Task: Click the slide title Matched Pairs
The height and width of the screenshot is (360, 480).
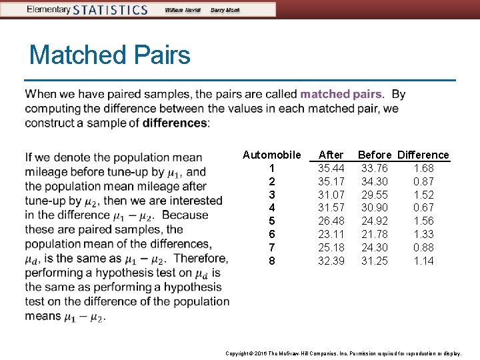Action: coord(110,55)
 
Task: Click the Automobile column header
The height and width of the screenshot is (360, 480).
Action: coord(271,155)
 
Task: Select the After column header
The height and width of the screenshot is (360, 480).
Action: coord(331,155)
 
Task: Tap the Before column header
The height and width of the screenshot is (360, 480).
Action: coord(375,155)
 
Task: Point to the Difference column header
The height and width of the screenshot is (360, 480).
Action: coord(423,155)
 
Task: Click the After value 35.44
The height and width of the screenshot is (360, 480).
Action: coord(331,168)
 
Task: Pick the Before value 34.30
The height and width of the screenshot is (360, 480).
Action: coord(375,181)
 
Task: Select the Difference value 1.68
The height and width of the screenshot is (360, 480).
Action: coord(423,168)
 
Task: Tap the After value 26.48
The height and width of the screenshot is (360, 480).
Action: coord(331,221)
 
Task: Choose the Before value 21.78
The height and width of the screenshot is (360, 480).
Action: coord(375,234)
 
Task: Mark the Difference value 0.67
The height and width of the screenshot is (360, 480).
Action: coord(423,207)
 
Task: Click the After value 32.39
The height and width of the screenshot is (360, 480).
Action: coord(331,261)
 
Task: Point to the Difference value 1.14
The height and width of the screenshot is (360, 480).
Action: coord(423,261)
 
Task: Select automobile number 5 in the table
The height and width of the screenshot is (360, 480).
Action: coord(271,221)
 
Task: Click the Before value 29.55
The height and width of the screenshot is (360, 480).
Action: coord(375,195)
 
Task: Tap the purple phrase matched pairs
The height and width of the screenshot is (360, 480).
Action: coord(341,94)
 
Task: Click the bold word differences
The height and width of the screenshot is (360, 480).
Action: coord(175,123)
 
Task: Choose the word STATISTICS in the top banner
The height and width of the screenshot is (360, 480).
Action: coord(111,10)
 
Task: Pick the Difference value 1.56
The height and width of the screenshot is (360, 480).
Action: coord(423,221)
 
